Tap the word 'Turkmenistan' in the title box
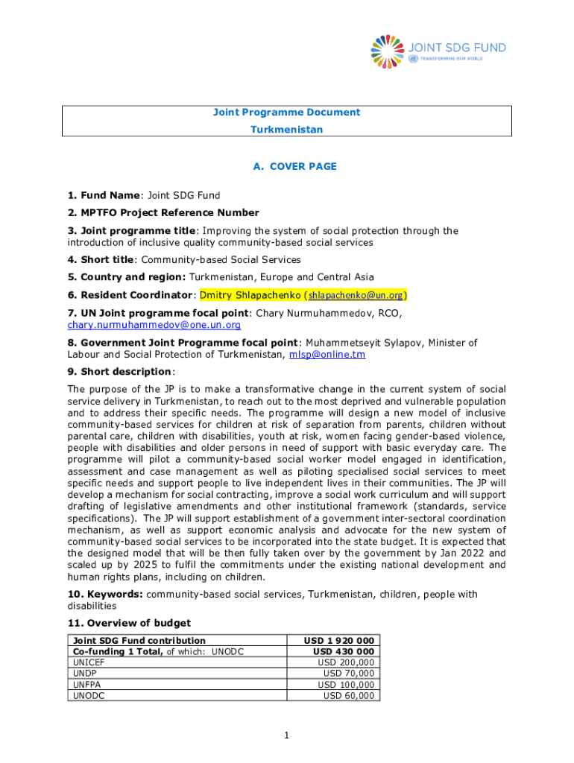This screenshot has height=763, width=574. (287, 130)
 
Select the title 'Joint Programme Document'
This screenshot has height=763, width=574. (287, 113)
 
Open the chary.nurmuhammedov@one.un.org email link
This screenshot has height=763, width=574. (154, 325)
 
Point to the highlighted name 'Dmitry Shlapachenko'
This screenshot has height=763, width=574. (250, 294)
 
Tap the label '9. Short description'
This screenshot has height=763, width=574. (119, 372)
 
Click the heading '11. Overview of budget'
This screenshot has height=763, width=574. (129, 623)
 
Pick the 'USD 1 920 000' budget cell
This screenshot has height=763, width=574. (339, 640)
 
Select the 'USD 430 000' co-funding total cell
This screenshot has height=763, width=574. (343, 651)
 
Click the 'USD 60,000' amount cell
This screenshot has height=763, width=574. (348, 695)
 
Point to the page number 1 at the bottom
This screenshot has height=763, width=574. (286, 735)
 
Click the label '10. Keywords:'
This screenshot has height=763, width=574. (105, 594)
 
